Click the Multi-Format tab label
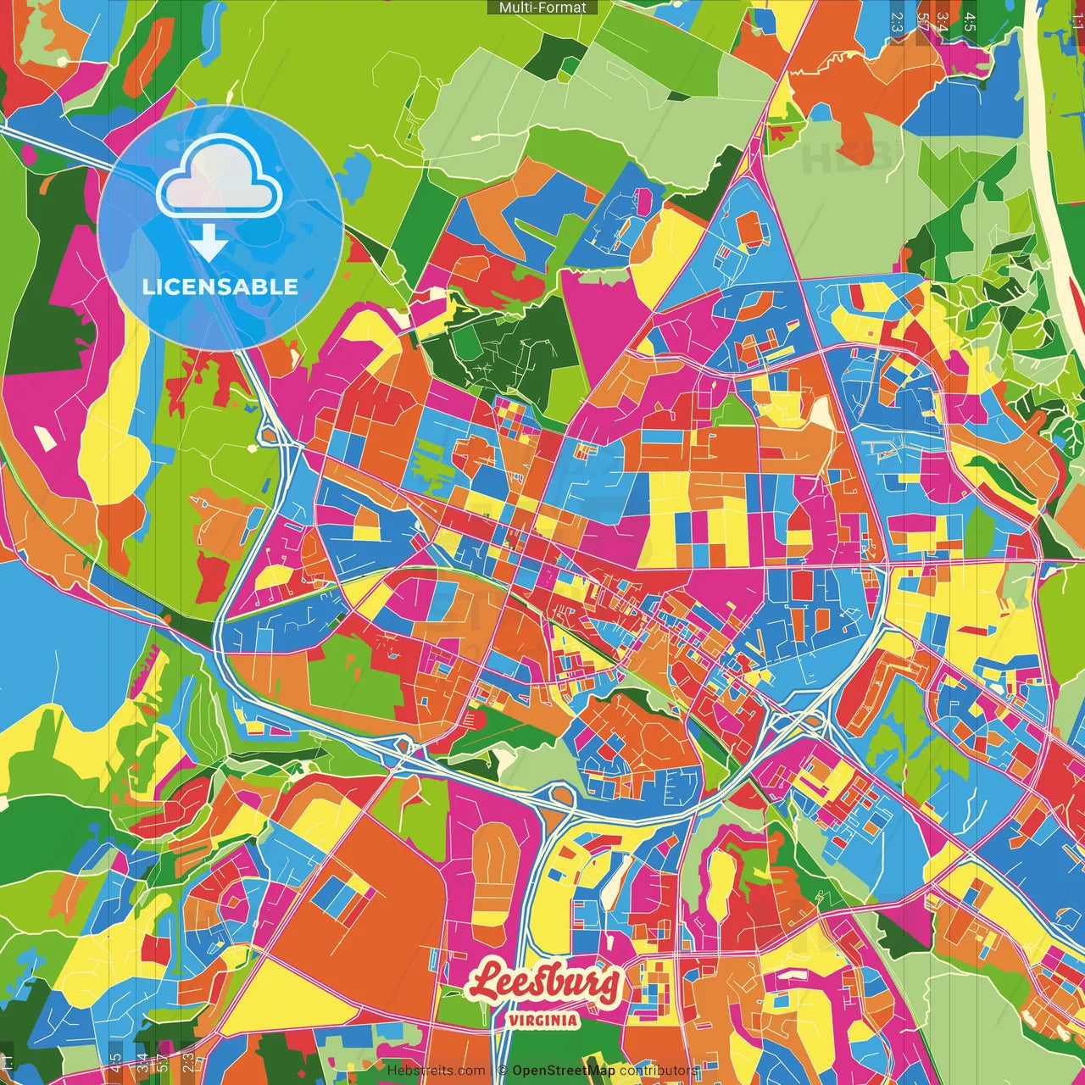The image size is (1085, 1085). pos(542,8)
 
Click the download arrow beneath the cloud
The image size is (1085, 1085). pos(209,244)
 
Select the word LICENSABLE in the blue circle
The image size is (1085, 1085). pos(220,287)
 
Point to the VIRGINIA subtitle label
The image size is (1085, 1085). pos(543,1021)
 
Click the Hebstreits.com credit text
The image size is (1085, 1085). pos(437,1071)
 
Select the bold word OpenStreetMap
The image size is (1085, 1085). pos(564,1071)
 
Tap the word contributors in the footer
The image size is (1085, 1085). pos(658,1071)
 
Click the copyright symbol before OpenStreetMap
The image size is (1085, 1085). pos(503,1071)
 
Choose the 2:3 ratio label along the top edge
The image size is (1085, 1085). pos(896,21)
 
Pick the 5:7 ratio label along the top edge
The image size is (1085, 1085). pos(921,21)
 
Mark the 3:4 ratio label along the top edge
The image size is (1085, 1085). pos(943,21)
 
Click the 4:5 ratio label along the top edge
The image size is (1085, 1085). pos(970,21)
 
